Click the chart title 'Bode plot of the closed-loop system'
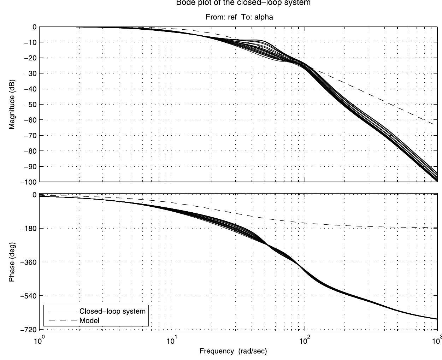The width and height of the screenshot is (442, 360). click(243, 3)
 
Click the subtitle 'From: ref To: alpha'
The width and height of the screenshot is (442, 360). click(239, 17)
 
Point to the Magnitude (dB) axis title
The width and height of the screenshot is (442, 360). click(12, 104)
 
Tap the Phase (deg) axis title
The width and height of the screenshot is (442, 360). click(12, 262)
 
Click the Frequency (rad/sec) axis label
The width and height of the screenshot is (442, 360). click(233, 351)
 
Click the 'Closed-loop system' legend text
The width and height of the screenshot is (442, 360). click(112, 312)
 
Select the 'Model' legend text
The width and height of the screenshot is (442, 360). click(89, 321)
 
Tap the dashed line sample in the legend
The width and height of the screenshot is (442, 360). click(63, 321)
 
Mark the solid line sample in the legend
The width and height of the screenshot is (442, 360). click(63, 312)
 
